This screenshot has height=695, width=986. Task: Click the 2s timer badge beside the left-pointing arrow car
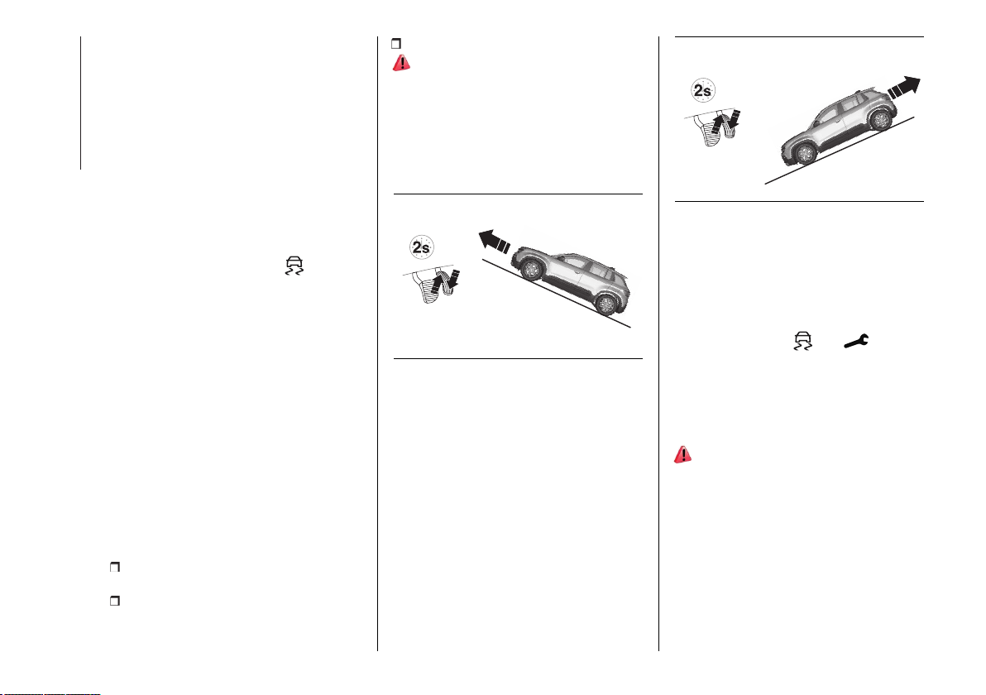(x=421, y=247)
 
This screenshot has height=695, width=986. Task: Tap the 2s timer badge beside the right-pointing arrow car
(x=702, y=90)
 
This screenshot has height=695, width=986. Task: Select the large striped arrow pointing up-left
(x=495, y=242)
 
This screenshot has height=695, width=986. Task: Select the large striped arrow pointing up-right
(x=904, y=87)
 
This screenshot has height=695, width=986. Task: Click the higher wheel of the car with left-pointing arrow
(x=531, y=269)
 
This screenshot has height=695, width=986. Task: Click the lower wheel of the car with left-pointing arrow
(x=605, y=304)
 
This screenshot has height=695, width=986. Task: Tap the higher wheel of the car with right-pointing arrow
(x=880, y=118)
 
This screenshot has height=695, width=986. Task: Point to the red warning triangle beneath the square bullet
(x=401, y=63)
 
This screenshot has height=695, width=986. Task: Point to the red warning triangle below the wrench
(x=683, y=455)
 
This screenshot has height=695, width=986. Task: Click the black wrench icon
(x=856, y=341)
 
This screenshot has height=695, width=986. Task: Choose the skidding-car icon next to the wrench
(x=802, y=340)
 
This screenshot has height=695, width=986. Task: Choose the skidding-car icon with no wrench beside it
(x=294, y=266)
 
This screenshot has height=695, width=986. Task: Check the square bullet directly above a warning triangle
(x=396, y=43)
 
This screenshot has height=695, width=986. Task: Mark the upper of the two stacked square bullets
(x=114, y=568)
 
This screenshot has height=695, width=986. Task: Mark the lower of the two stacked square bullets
(x=114, y=601)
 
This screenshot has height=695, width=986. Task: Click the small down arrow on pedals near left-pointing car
(x=455, y=281)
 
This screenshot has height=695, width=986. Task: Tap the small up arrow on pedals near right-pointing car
(x=719, y=125)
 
